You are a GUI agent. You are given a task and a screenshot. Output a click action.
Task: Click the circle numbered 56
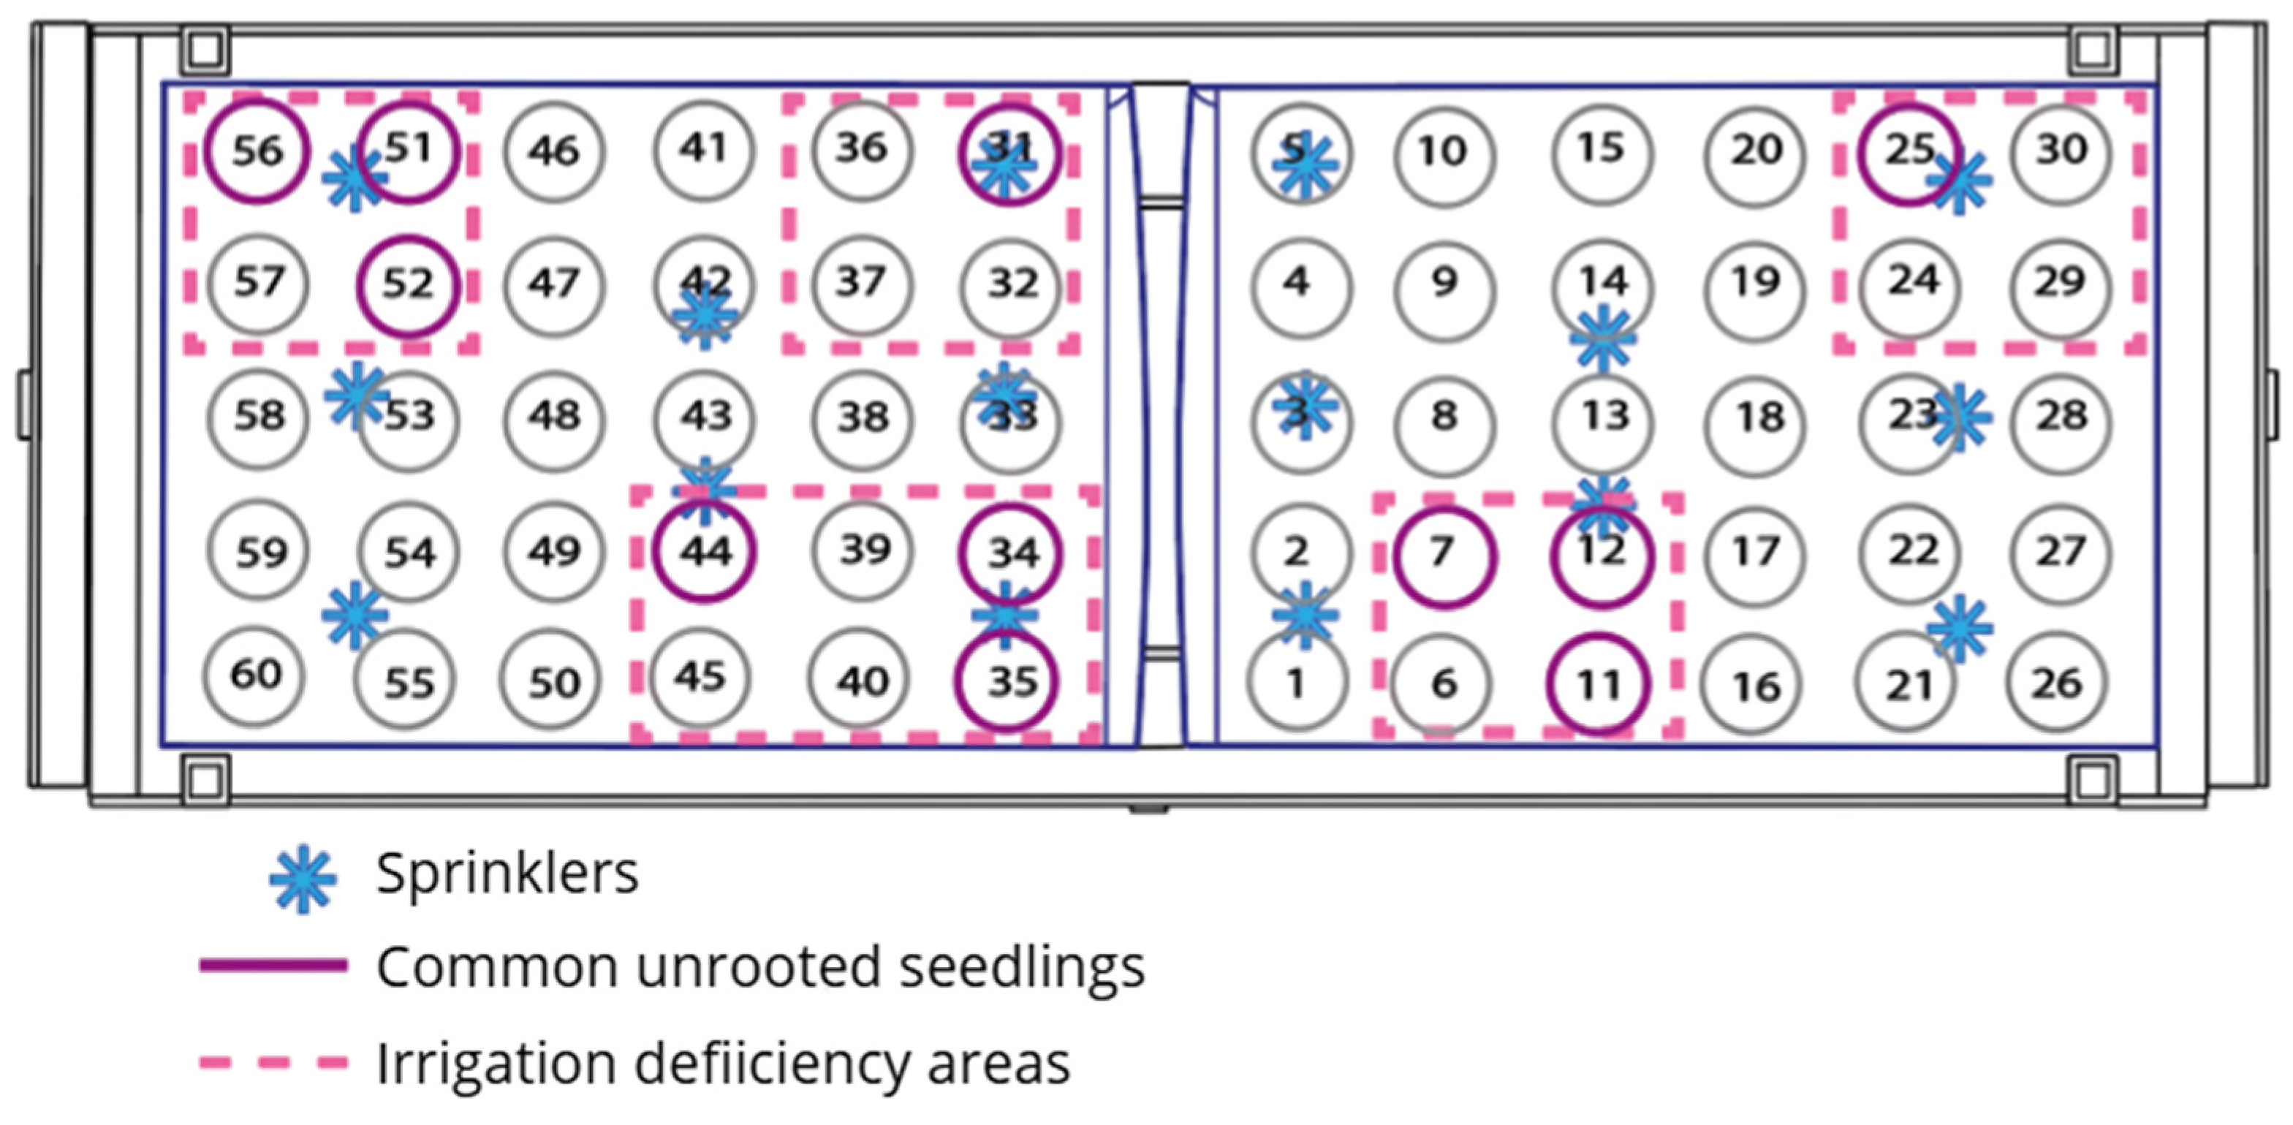tap(257, 151)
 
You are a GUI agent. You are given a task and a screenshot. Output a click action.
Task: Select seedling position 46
tap(553, 151)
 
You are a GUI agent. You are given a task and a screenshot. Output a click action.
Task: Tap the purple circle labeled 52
tap(409, 286)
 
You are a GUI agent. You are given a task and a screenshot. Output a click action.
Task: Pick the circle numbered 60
tap(256, 675)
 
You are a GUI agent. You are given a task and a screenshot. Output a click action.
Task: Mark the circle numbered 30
tap(2060, 150)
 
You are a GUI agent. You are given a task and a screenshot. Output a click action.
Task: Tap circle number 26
tap(2056, 683)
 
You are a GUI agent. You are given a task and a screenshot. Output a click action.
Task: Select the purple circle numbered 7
tap(1443, 556)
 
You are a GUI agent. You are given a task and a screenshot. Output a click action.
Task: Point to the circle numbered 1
tap(1297, 683)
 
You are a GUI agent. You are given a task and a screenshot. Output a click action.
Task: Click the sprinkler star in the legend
tap(303, 878)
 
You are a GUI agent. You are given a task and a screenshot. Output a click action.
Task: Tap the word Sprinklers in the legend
tap(507, 873)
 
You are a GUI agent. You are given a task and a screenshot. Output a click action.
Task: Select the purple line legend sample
tap(273, 966)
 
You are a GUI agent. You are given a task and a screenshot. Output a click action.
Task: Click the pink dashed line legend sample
tap(273, 1062)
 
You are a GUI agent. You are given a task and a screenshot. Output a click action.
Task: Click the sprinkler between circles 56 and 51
tap(355, 179)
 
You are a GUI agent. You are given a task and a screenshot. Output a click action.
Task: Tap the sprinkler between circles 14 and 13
tap(1602, 338)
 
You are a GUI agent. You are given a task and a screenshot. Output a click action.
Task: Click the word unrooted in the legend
tap(757, 966)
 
